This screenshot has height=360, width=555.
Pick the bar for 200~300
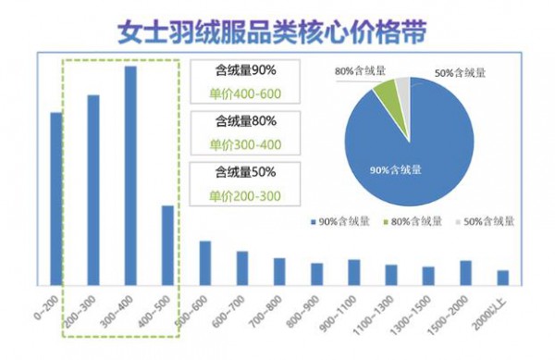pyautogui.click(x=92, y=189)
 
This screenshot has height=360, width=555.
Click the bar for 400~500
pyautogui.click(x=167, y=244)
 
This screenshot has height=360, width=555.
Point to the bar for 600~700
pyautogui.click(x=241, y=267)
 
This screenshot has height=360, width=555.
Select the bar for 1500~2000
pyautogui.click(x=465, y=272)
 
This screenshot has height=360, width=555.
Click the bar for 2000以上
pyautogui.click(x=502, y=277)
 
